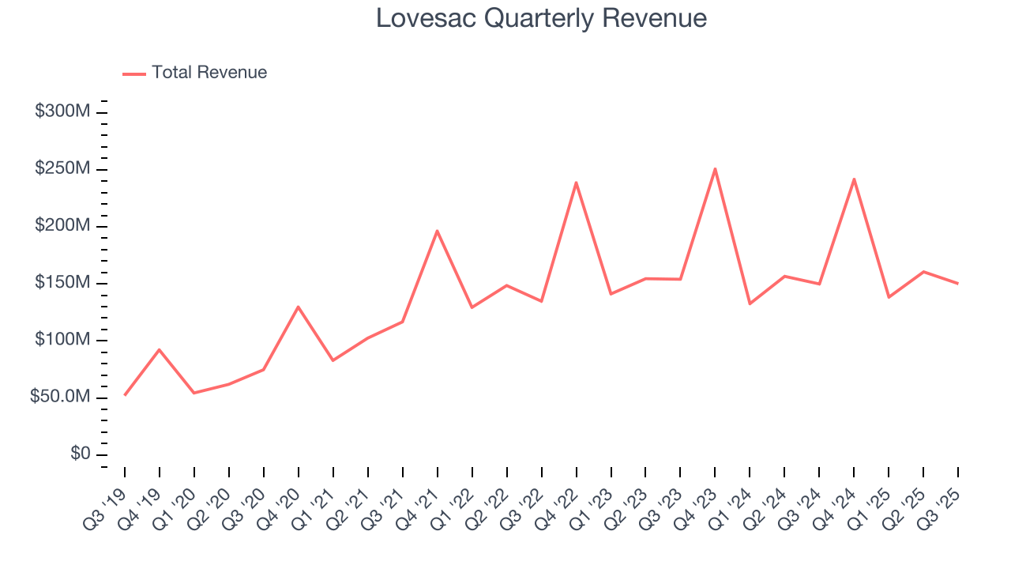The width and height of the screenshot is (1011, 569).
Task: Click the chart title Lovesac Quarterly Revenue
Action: point(541,18)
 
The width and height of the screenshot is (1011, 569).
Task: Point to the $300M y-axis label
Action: point(62,111)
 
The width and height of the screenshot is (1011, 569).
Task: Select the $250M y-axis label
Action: point(62,169)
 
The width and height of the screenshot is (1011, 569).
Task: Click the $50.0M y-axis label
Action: point(60,398)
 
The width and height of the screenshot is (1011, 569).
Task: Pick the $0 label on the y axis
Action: point(81,454)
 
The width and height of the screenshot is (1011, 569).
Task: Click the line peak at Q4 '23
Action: point(715,168)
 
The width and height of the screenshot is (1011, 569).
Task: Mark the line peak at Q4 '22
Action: point(576,183)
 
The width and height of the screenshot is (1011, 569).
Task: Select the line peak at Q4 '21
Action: point(437,231)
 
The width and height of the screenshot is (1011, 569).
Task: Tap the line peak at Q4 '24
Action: point(854,179)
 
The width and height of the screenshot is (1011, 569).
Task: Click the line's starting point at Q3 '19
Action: point(125,394)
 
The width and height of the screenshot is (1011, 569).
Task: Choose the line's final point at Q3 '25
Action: point(958,283)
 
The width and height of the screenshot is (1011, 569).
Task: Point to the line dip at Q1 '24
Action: point(750,303)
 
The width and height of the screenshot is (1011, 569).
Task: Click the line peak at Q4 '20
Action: point(298,307)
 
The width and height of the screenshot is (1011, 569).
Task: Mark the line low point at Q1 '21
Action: point(333,360)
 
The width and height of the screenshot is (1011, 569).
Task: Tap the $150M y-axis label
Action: point(62,283)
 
